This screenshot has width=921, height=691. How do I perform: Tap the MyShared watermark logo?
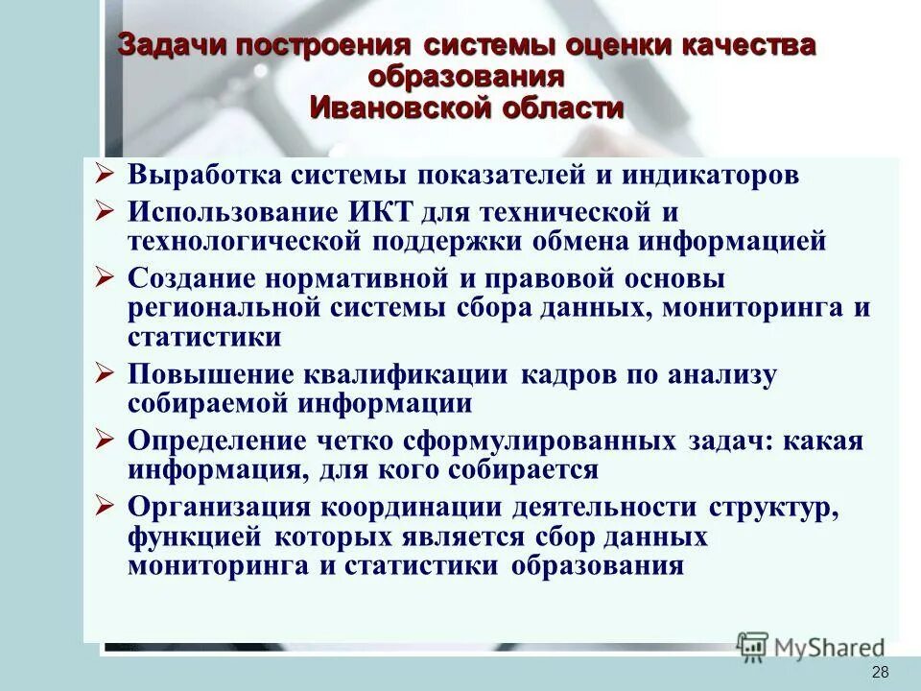[812, 646]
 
